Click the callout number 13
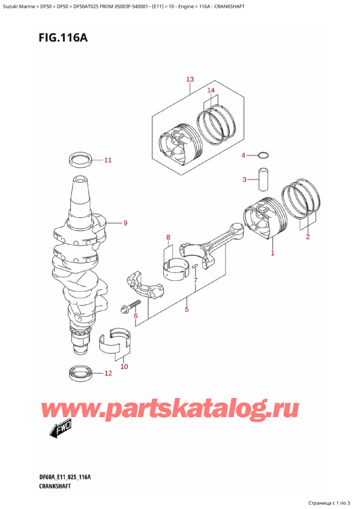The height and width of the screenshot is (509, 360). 190,79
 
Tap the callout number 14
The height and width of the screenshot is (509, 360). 211,90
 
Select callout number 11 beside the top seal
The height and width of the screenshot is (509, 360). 108,160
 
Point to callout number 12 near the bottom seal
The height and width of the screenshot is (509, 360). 108,373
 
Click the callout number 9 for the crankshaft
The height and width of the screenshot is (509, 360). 125,223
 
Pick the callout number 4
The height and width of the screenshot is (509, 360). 244,155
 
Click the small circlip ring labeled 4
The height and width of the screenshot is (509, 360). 263,155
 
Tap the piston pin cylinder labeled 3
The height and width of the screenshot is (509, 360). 263,179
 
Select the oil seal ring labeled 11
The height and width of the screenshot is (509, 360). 80,160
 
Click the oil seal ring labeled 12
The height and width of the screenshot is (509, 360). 81,373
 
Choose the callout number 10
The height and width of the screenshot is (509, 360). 124,367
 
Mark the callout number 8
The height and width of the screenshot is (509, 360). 168,238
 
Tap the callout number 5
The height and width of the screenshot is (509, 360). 187,309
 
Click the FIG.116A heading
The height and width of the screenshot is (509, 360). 63,38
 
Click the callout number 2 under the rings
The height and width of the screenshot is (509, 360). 308,236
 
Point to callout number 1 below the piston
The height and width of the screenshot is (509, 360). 272,253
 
